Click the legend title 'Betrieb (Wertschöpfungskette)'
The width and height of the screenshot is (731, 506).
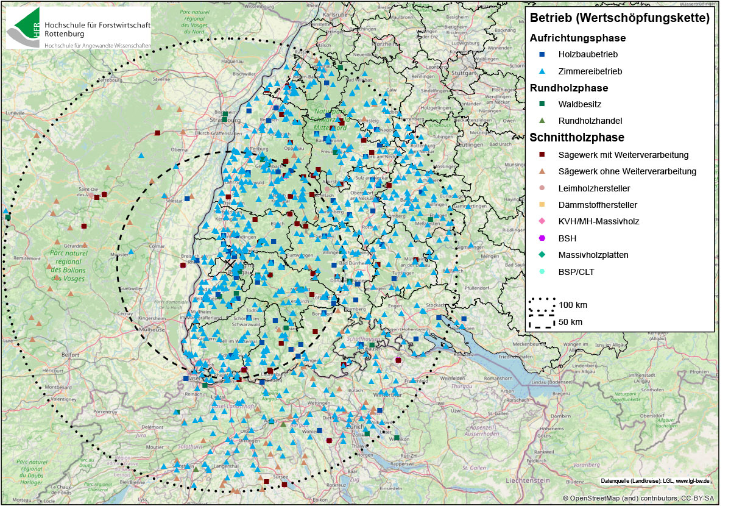(620, 18)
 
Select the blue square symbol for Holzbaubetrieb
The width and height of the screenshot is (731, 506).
(541, 54)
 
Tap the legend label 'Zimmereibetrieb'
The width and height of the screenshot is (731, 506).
(590, 71)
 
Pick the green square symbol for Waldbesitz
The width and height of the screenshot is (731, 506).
(541, 104)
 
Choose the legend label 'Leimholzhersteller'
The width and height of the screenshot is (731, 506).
(594, 188)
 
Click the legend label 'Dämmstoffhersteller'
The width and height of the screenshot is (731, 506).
(597, 205)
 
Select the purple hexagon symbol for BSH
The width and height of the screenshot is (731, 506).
(541, 238)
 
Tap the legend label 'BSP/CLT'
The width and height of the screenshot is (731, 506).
(576, 272)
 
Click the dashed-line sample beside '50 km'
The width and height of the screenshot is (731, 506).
(541, 321)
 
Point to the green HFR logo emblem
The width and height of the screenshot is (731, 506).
(23, 27)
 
